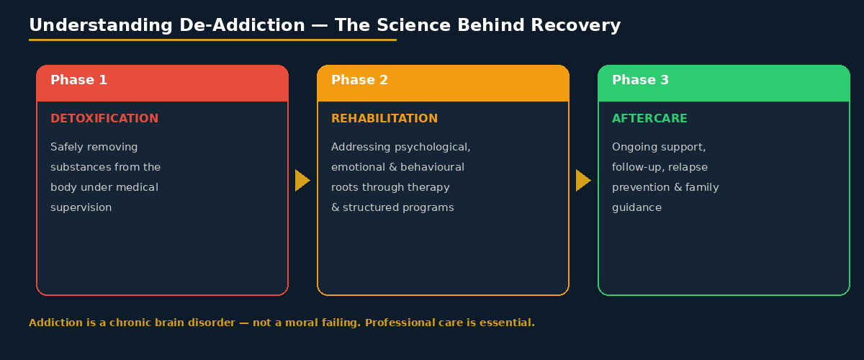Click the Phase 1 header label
[78, 80]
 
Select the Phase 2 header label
[359, 80]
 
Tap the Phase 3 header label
[640, 80]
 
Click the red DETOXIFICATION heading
[104, 119]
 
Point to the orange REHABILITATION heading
[384, 119]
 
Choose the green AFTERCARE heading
[649, 119]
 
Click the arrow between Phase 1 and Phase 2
[302, 180]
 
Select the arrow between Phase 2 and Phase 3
[582, 180]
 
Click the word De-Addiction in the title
[239, 25]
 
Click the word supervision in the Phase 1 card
[81, 207]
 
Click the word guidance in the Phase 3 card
[636, 207]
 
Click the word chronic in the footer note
[132, 323]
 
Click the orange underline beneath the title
[212, 40]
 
